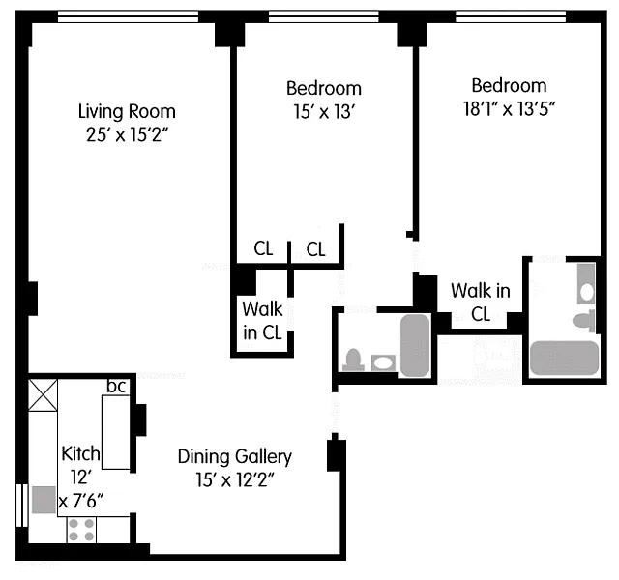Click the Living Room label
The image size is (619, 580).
pyautogui.click(x=127, y=111)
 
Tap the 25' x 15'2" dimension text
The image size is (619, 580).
pyautogui.click(x=127, y=135)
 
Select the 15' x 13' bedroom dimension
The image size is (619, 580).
pyautogui.click(x=323, y=112)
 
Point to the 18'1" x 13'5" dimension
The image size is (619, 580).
pyautogui.click(x=510, y=109)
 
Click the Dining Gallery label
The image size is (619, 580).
pyautogui.click(x=235, y=457)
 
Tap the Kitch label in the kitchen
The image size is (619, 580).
pyautogui.click(x=80, y=453)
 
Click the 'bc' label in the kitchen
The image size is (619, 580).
pyautogui.click(x=116, y=387)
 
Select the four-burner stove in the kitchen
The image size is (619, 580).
pyautogui.click(x=81, y=530)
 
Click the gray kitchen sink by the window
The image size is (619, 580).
pyautogui.click(x=44, y=500)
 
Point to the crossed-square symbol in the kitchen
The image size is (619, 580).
pyautogui.click(x=43, y=395)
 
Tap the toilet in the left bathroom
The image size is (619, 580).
pyautogui.click(x=353, y=360)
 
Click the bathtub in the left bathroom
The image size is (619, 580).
pyautogui.click(x=415, y=345)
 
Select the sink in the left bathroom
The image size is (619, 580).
pyautogui.click(x=383, y=363)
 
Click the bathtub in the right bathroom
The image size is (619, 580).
pyautogui.click(x=565, y=359)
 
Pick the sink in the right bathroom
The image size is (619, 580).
pyautogui.click(x=586, y=284)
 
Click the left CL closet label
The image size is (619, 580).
pyautogui.click(x=263, y=248)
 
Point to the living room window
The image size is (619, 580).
pyautogui.click(x=128, y=16)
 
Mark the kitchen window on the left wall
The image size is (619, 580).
pyautogui.click(x=22, y=505)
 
